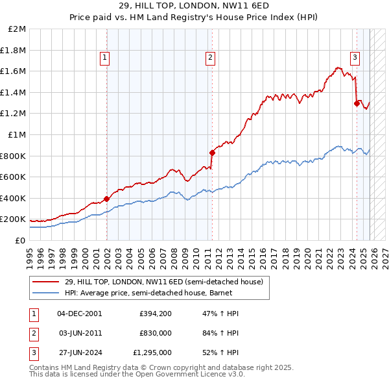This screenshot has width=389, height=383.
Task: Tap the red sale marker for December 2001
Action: click(x=106, y=199)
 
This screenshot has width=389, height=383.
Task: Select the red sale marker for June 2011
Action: click(x=212, y=153)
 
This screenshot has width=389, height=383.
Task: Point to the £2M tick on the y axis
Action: click(x=18, y=29)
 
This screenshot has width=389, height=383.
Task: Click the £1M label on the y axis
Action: click(x=18, y=135)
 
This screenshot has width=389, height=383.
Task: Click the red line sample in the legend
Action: click(x=46, y=282)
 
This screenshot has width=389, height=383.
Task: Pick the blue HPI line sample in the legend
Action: click(x=46, y=292)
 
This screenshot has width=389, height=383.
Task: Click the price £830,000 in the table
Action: click(x=156, y=333)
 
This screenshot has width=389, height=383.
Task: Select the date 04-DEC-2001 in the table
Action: click(x=80, y=314)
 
